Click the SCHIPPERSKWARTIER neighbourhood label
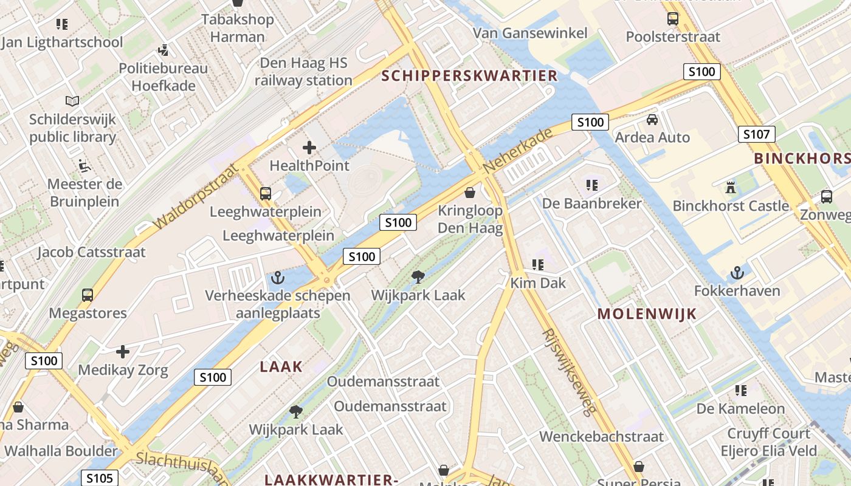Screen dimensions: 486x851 (x=469, y=76)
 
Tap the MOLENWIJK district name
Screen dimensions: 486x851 (x=647, y=314)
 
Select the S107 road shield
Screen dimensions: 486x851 (x=757, y=134)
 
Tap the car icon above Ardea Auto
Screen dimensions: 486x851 (x=652, y=119)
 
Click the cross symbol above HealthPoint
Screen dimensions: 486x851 (x=309, y=147)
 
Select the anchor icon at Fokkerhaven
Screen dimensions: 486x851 (x=737, y=273)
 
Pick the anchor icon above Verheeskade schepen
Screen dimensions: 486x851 (x=278, y=278)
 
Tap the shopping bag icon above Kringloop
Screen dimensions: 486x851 (x=470, y=193)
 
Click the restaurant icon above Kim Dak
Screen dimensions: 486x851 (x=538, y=265)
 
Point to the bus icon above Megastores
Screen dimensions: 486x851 (x=88, y=295)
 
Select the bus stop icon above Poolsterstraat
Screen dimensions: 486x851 (x=673, y=19)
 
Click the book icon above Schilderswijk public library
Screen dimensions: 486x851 (x=72, y=101)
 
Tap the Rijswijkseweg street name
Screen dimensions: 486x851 (x=569, y=372)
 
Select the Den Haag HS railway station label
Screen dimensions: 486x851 (x=303, y=72)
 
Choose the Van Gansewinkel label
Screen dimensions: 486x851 (x=530, y=33)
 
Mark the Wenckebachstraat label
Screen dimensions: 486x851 (x=602, y=436)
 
